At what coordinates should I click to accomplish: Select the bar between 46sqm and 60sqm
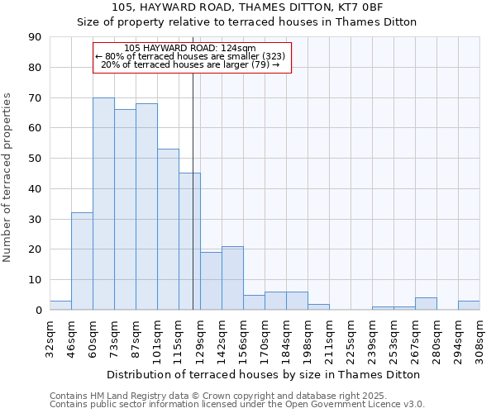[82, 261]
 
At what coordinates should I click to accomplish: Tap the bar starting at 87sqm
[146, 206]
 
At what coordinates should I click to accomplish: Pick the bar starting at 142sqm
[232, 278]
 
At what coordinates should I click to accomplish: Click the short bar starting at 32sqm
[60, 306]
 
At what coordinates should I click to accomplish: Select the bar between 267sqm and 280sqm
[426, 304]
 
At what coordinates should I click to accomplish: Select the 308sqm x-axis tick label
[480, 339]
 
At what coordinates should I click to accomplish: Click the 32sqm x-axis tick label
[50, 339]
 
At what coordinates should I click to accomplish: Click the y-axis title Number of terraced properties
[7, 178]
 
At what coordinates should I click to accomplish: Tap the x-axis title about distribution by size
[265, 374]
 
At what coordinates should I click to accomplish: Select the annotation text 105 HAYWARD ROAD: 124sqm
[189, 49]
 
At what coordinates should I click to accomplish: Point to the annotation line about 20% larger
[189, 64]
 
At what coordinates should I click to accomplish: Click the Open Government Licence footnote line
[237, 405]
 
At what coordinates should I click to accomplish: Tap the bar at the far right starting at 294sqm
[469, 306]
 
